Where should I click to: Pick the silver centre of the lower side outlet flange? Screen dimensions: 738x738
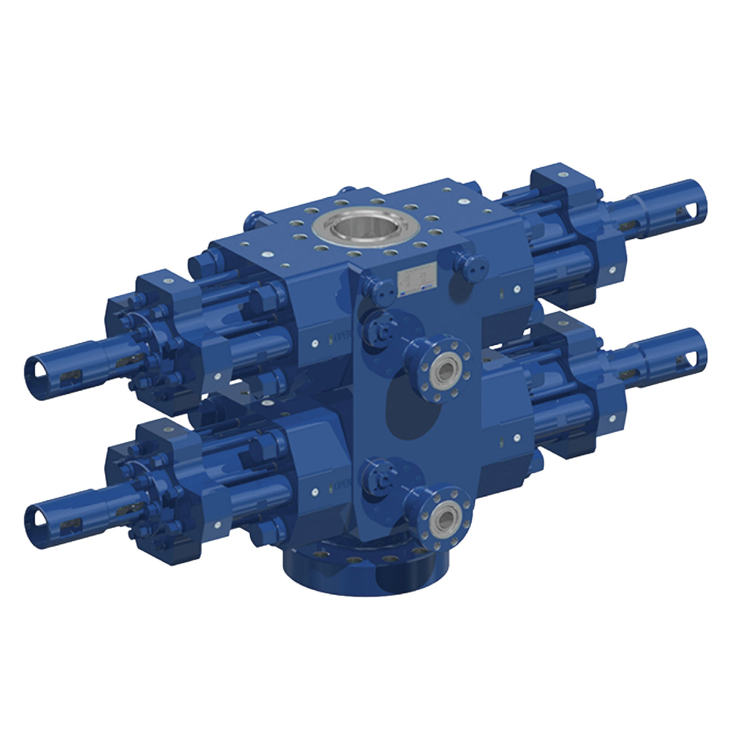(444, 514)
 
